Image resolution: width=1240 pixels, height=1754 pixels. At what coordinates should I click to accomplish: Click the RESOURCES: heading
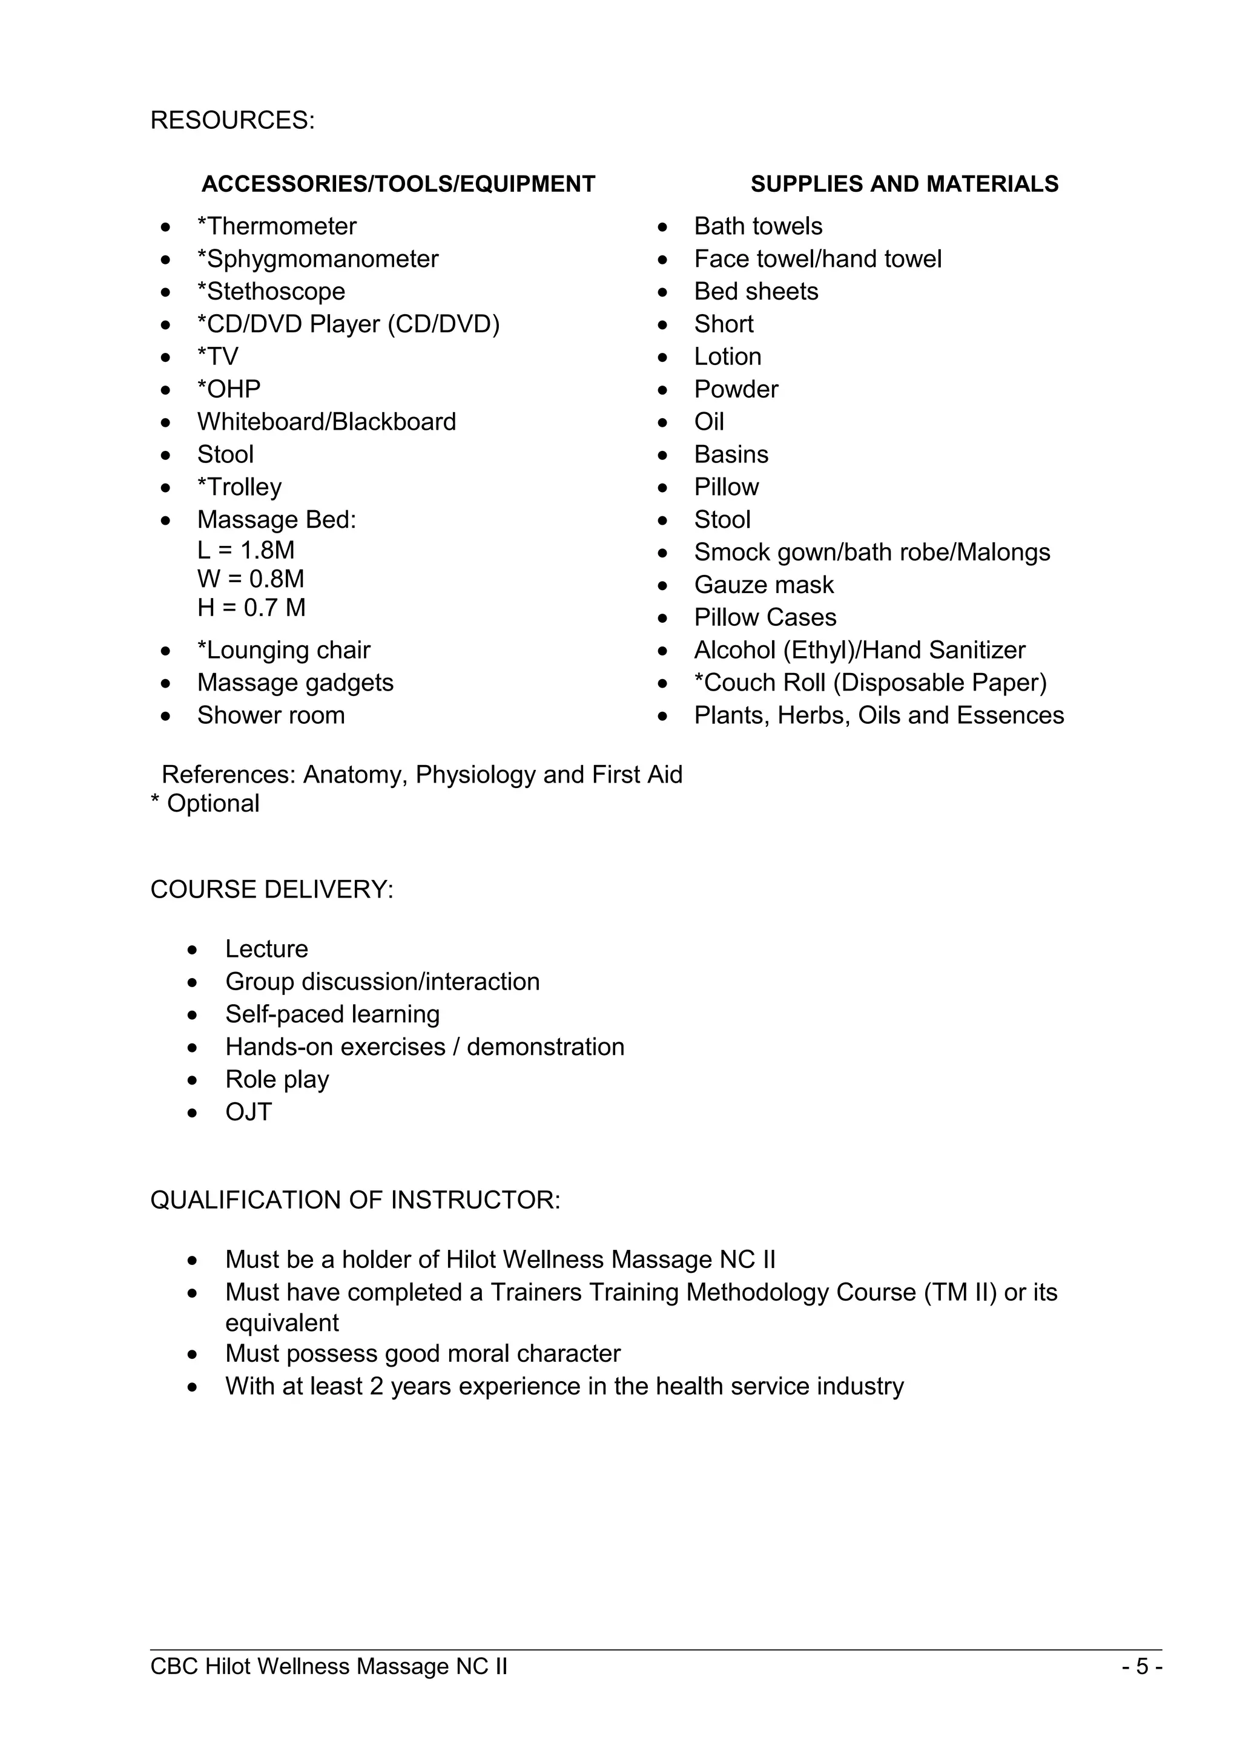point(232,120)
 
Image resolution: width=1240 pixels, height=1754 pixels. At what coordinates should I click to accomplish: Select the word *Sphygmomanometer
point(318,259)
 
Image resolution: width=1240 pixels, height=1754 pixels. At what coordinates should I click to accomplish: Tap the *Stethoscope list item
point(271,292)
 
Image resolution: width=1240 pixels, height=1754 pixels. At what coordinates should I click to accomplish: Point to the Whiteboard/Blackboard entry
point(326,422)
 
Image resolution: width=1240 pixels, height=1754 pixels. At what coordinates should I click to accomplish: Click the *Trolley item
point(239,487)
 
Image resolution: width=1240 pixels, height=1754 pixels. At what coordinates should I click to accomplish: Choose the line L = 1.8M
point(245,550)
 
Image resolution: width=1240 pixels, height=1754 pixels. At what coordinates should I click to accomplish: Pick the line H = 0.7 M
point(251,608)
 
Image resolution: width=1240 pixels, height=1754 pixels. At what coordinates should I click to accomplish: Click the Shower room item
point(271,716)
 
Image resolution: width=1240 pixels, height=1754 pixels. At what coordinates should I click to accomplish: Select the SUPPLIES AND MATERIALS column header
point(904,184)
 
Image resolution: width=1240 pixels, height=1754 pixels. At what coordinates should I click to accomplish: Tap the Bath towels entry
point(758,227)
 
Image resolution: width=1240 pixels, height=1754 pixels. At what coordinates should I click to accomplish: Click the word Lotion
point(727,356)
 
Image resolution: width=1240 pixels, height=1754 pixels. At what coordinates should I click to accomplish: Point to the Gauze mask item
point(763,585)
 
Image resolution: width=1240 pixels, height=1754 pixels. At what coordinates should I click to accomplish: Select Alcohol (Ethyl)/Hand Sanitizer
point(859,650)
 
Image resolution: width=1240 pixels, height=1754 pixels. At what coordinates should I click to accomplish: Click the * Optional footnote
point(205,804)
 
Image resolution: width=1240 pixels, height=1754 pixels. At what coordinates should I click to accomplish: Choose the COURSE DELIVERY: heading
point(271,890)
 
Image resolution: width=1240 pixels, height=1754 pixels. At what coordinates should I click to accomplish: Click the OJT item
point(248,1112)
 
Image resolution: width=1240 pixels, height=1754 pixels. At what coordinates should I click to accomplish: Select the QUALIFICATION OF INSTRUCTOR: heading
point(355,1200)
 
